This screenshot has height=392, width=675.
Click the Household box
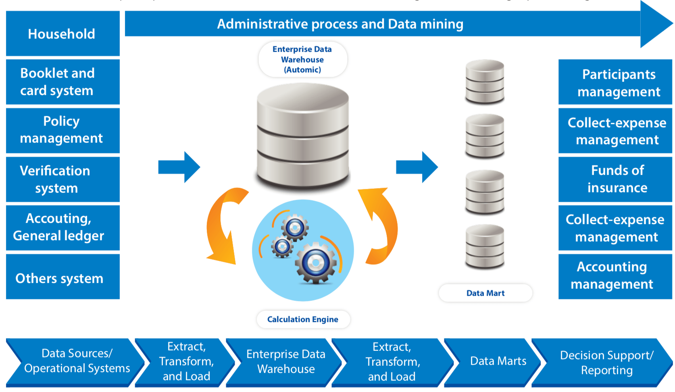pos(62,34)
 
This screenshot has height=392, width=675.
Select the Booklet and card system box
pos(62,82)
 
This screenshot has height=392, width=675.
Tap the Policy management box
pos(62,130)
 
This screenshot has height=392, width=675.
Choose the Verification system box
pos(62,179)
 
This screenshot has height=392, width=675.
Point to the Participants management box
pos(615,82)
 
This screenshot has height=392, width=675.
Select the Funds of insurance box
pos(615,179)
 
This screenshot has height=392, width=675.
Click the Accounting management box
pos(615,276)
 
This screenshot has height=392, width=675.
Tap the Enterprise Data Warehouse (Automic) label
pos(302,60)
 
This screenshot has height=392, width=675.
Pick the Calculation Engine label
pos(303,319)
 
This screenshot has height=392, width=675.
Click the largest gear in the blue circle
pos(316,263)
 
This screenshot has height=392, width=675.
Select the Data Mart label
pos(485,293)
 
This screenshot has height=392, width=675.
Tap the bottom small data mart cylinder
pos(485,247)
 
